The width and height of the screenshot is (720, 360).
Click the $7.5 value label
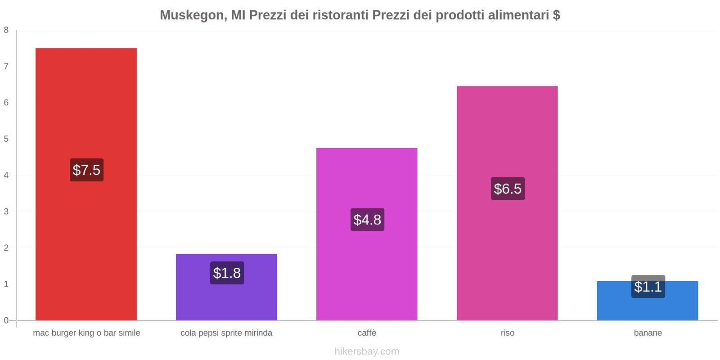[86, 170]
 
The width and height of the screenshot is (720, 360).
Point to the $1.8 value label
[227, 273]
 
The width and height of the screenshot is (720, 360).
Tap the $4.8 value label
[367, 220]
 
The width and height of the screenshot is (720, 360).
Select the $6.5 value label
[508, 189]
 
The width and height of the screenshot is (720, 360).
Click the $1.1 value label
[648, 287]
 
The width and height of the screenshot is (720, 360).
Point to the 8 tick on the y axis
[6, 30]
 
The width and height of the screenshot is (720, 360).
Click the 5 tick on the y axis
[6, 139]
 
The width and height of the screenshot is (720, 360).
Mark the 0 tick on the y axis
[6, 320]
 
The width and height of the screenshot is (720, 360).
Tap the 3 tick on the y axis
[6, 211]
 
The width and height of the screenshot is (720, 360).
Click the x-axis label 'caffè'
[367, 333]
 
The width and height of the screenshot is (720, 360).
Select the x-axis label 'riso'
[507, 333]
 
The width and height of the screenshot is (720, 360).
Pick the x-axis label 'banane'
[648, 333]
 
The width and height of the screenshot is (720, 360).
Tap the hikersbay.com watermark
[367, 351]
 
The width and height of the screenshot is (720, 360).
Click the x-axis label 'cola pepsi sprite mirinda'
[226, 333]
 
